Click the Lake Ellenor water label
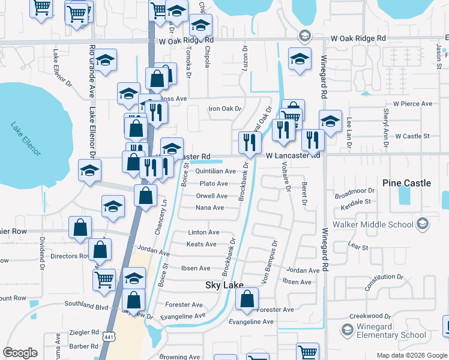click(25, 140)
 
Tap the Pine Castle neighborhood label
click(407, 182)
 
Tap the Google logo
click(20, 353)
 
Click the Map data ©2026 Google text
click(411, 355)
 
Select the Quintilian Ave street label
click(215, 172)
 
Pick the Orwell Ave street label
click(212, 196)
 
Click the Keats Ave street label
click(202, 244)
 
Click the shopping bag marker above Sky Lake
click(247, 299)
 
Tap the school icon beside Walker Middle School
click(423, 224)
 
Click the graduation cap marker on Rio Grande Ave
click(105, 60)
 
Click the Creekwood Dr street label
click(370, 316)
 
